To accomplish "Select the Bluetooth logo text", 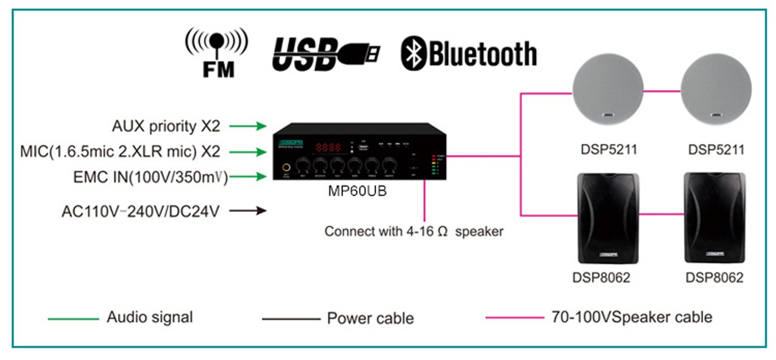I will point(469,53).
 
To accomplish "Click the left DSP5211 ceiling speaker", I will point(607,91).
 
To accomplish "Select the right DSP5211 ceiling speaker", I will point(716,91).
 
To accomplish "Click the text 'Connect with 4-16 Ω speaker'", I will point(413,232).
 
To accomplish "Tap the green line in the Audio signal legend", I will point(73,319).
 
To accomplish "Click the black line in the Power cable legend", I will point(287,319).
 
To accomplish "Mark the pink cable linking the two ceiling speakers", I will point(661,91).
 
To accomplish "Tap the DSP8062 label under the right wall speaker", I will point(714,278).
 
